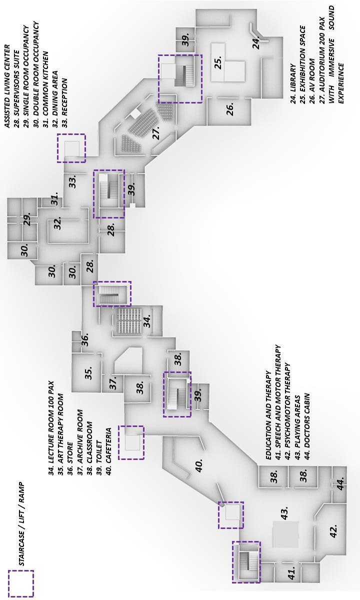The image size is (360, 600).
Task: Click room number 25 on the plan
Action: coord(218,63)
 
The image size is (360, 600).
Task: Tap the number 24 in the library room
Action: coord(256,43)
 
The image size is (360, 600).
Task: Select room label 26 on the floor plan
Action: coord(230,109)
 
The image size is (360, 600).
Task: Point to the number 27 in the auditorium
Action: coord(156,133)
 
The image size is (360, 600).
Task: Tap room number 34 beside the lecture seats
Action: coord(147,321)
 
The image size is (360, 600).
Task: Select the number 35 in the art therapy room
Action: coord(88,373)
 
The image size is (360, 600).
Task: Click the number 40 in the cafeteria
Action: coord(199,465)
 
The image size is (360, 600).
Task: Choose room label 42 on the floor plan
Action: coord(333,531)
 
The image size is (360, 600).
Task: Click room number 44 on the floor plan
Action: coord(340,484)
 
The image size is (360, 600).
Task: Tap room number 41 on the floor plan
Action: coord(291,573)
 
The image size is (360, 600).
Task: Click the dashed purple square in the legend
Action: coord(21,583)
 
